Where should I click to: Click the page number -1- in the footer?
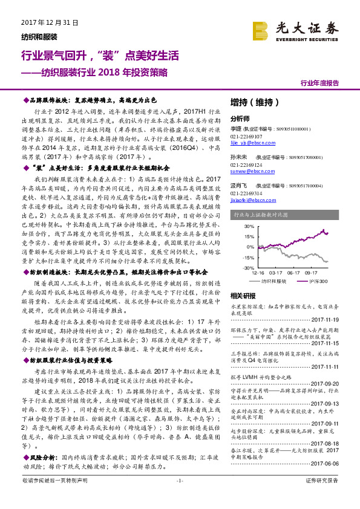(x=179, y=496)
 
